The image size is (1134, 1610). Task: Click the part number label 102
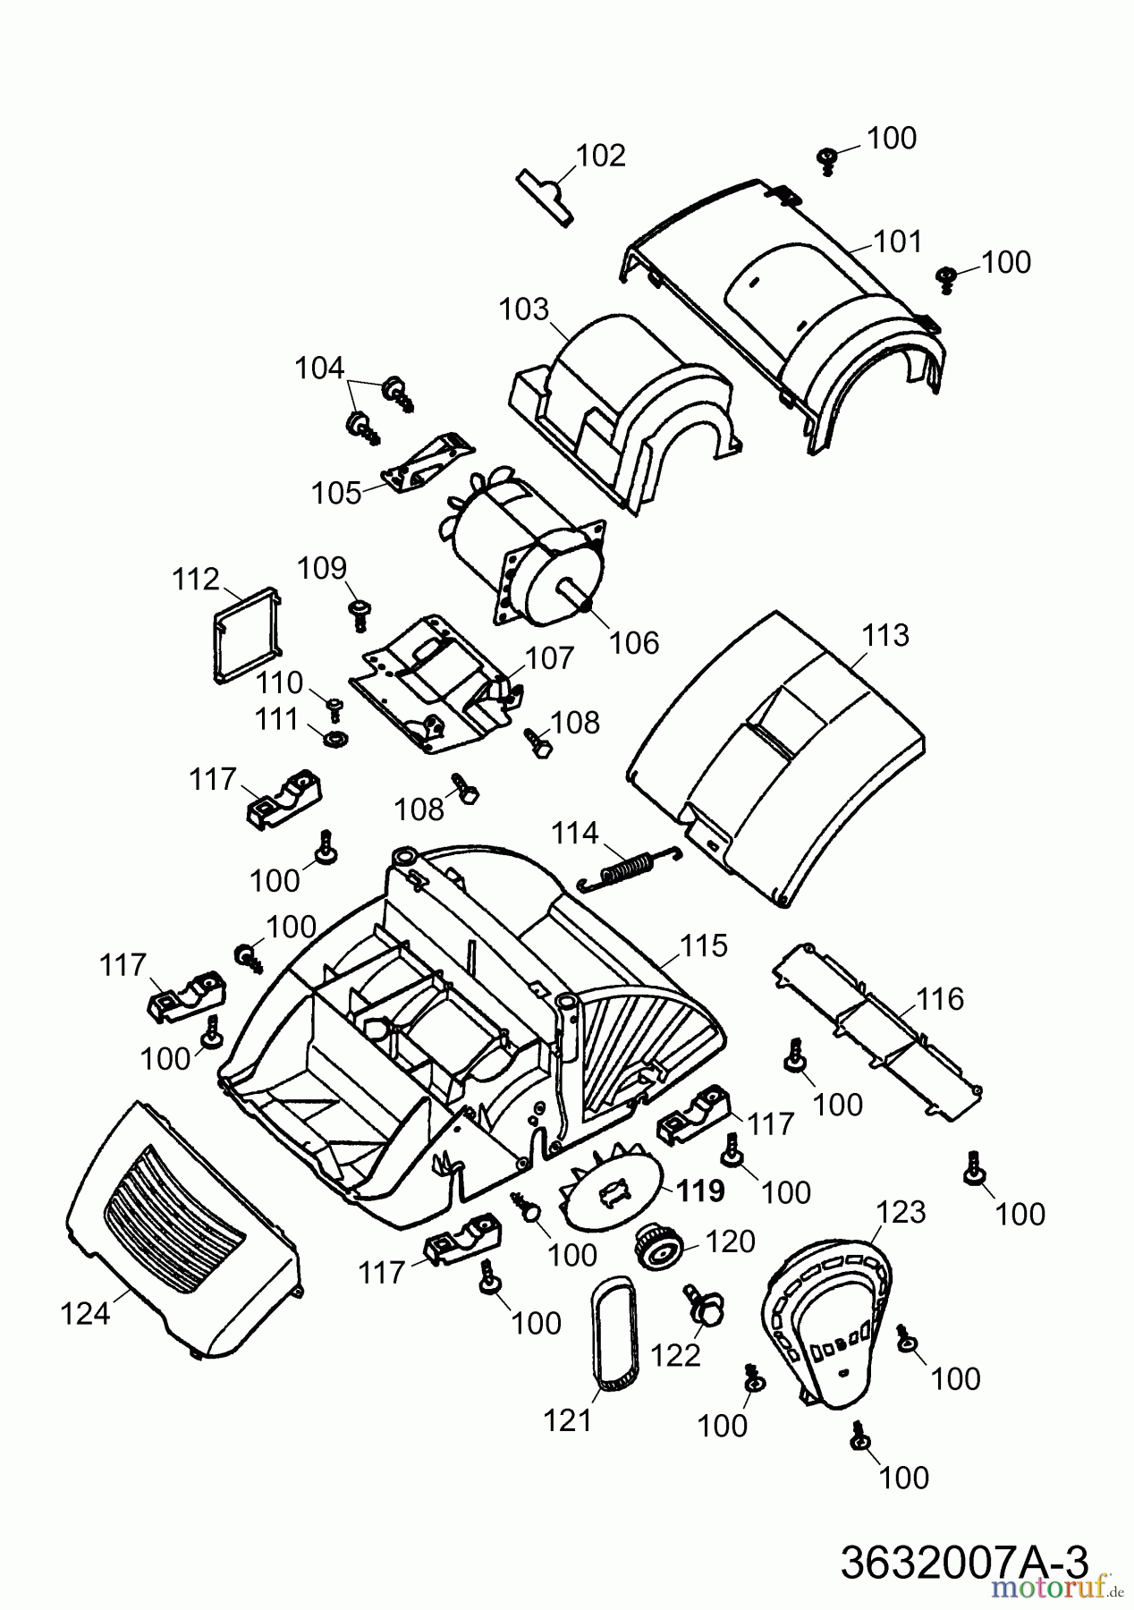(600, 156)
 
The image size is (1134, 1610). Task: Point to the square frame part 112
(247, 633)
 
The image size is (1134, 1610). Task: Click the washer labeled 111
(336, 740)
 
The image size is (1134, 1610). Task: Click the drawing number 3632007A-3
(965, 1563)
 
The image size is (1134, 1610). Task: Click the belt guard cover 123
(828, 1324)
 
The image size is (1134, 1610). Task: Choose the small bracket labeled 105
(427, 462)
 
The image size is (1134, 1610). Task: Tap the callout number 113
(885, 635)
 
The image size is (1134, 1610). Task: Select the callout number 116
(940, 999)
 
